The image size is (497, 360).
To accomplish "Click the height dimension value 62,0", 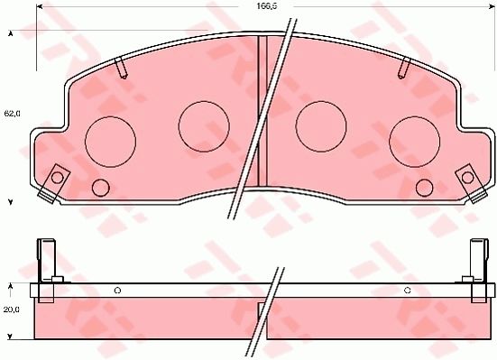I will (x=11, y=115).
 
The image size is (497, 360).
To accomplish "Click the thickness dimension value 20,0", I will (x=11, y=309).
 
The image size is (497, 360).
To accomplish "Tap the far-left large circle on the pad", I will (x=109, y=141).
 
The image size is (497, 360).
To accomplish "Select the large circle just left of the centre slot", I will (x=204, y=125).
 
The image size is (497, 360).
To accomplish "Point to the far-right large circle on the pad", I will (x=415, y=142).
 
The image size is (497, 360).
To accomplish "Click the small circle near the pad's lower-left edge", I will (x=100, y=188).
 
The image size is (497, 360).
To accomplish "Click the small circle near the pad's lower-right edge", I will (x=425, y=188).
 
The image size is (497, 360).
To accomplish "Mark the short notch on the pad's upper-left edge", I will (x=122, y=67).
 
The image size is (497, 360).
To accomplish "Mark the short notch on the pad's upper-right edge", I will (x=405, y=67).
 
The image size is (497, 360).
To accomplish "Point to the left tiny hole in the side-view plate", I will (x=117, y=290).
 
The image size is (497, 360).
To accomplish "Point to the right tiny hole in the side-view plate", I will (x=408, y=290).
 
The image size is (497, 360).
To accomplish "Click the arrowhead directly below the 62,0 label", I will (x=11, y=200).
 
